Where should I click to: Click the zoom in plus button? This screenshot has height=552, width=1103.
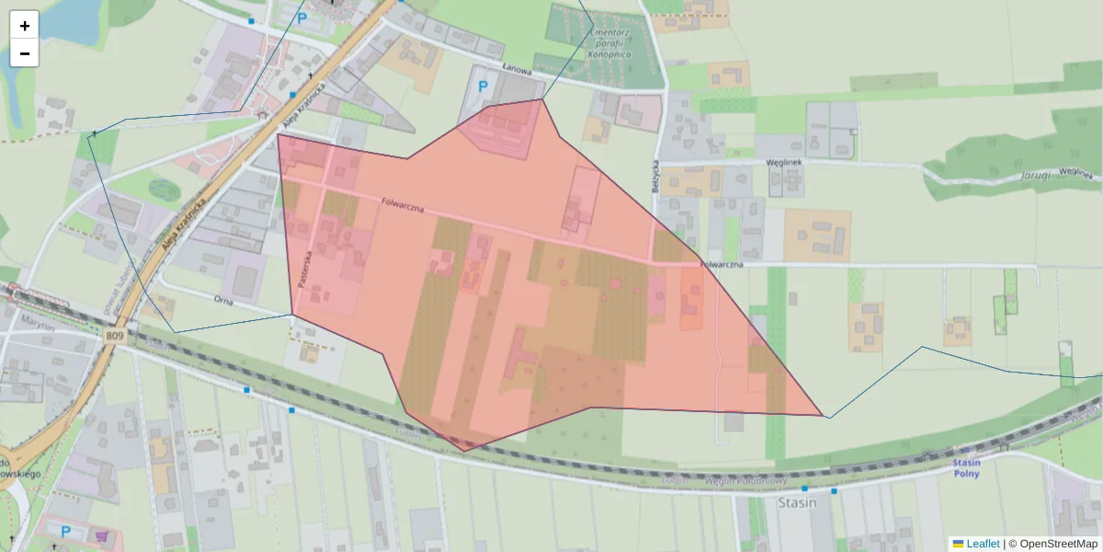(25, 25)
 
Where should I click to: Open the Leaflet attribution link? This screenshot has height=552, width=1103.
(982, 544)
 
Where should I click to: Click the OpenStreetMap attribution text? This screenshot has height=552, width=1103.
(1058, 544)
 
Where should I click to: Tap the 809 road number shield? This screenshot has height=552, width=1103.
(114, 336)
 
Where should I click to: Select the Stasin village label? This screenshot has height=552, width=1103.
(797, 503)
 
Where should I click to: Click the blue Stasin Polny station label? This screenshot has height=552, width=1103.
(966, 467)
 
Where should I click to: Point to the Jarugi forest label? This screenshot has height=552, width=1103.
(1034, 175)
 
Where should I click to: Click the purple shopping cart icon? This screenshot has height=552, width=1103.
(102, 535)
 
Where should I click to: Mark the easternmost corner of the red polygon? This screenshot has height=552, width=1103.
(822, 416)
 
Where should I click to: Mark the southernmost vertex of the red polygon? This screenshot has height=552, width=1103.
(464, 451)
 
